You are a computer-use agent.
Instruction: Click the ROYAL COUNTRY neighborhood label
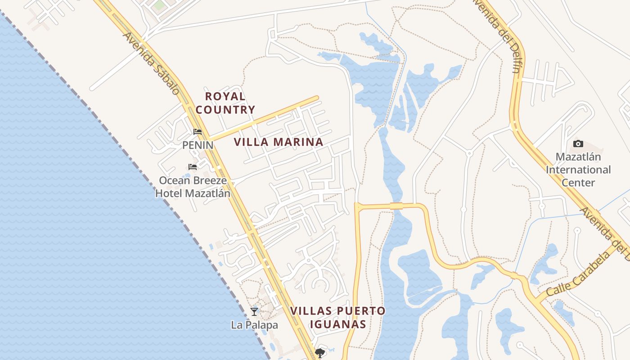[x=225, y=103]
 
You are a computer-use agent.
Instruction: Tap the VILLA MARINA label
[x=279, y=142]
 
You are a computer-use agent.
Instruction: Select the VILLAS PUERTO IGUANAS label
[x=337, y=317]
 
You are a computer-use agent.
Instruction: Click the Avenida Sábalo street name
[x=151, y=63]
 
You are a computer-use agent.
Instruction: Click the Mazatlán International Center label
[x=578, y=170]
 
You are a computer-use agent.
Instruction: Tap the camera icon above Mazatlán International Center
[x=578, y=144]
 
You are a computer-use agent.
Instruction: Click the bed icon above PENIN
[x=198, y=132]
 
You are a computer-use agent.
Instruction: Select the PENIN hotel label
[x=198, y=145]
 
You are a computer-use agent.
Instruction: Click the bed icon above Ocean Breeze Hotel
[x=193, y=167]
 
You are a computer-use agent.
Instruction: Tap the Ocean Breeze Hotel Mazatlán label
[x=193, y=187]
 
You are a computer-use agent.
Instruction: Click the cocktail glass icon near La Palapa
[x=254, y=311]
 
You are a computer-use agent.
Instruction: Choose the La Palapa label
[x=254, y=324]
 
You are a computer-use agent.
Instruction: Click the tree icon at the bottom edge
[x=320, y=353]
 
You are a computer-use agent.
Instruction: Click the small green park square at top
[x=159, y=6]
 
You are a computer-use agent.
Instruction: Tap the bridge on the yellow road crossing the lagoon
[x=396, y=206]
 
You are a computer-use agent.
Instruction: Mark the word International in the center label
[x=578, y=170]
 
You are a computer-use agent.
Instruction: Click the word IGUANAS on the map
[x=337, y=324]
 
